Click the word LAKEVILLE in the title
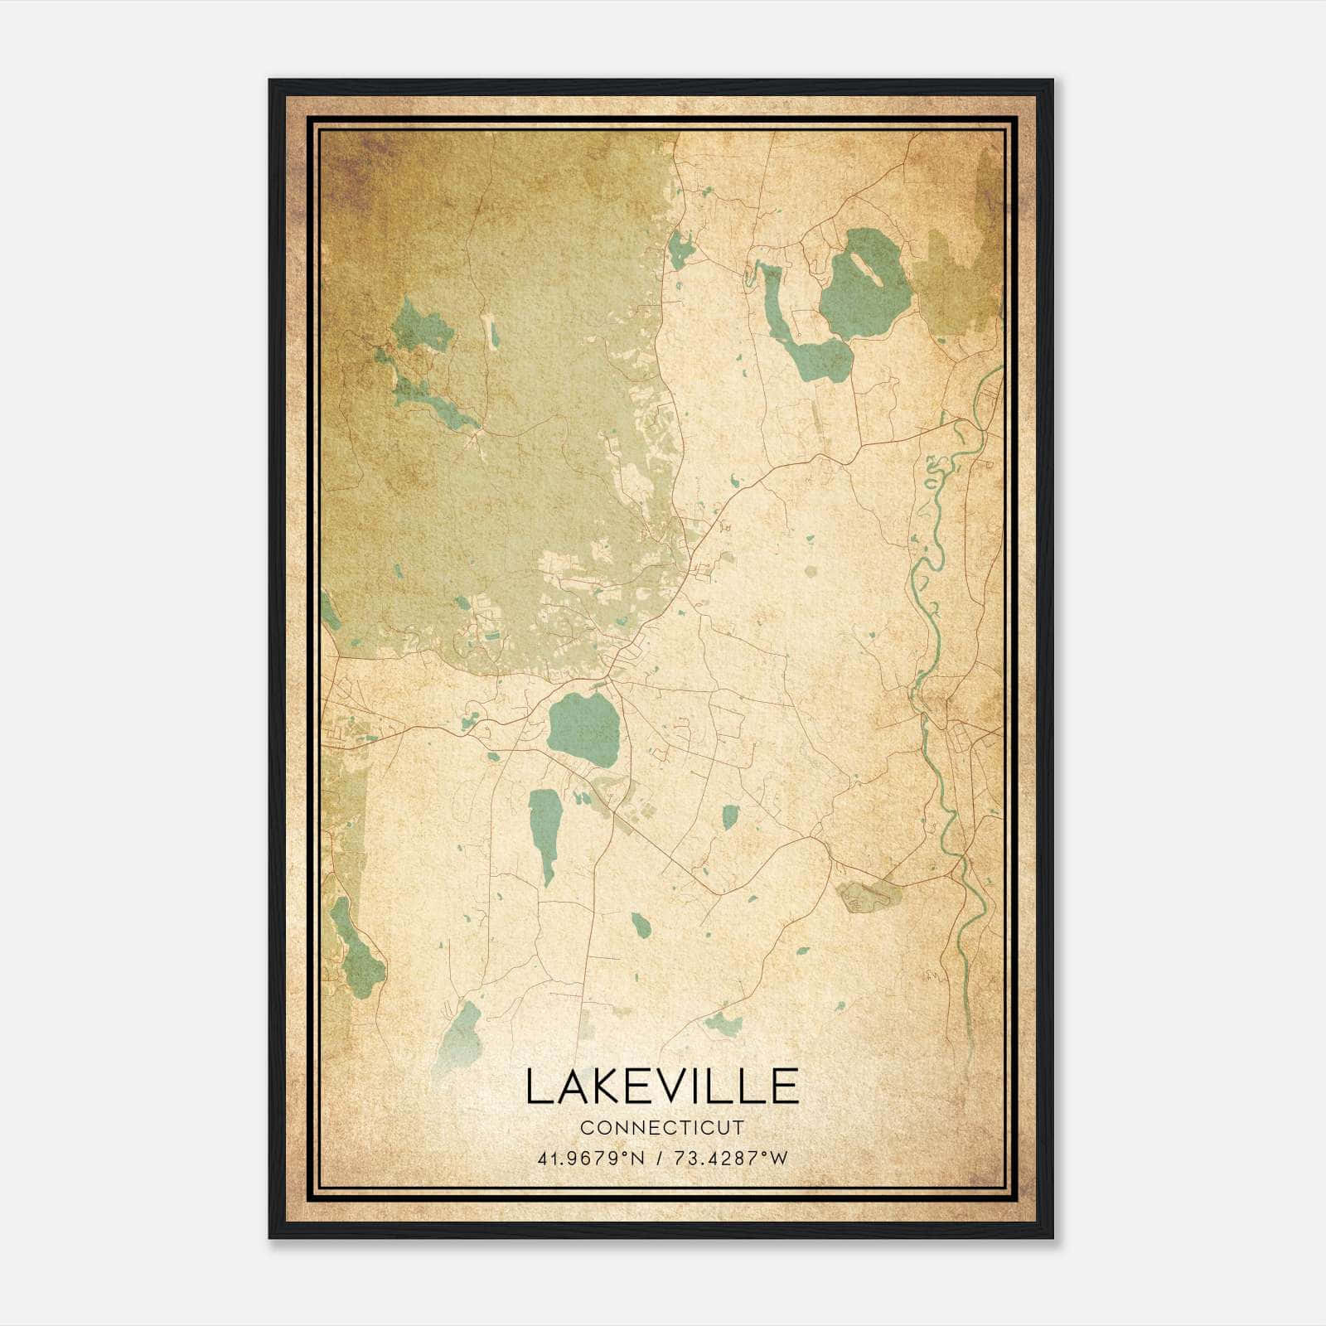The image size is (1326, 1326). click(x=661, y=1086)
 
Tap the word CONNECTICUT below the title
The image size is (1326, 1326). click(x=661, y=1128)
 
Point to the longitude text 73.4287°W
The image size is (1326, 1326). click(x=728, y=1159)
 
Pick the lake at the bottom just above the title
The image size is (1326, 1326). click(x=461, y=1036)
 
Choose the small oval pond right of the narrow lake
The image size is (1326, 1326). click(x=729, y=817)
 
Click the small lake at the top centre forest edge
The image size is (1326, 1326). click(x=681, y=249)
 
